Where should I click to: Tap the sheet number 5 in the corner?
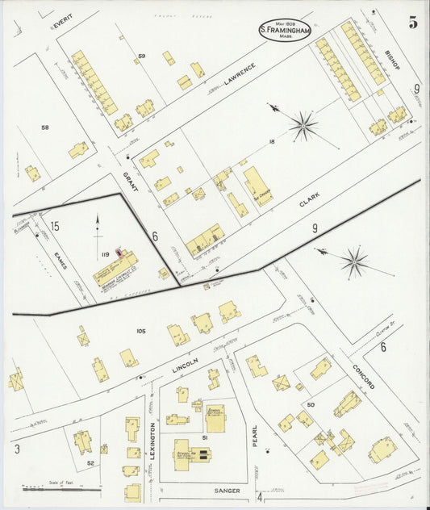(x=412, y=23)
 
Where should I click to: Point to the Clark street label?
(x=309, y=199)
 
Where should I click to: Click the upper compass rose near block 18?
(x=303, y=125)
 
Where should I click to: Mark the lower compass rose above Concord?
(x=353, y=261)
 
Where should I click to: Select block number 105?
(x=140, y=331)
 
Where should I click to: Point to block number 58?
(x=45, y=127)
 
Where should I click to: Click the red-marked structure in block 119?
(x=119, y=253)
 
